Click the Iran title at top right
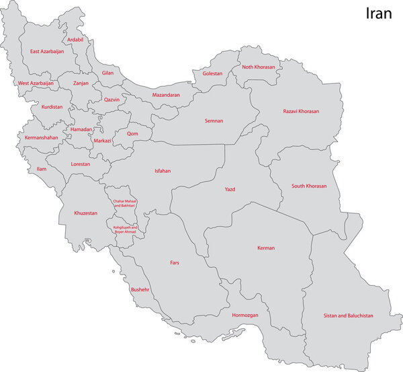click(378, 14)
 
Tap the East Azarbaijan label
click(47, 51)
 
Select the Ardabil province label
click(76, 40)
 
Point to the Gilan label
click(107, 73)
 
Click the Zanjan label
click(81, 83)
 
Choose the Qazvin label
click(111, 100)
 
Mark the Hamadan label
click(81, 128)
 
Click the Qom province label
click(132, 133)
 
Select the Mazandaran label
click(166, 95)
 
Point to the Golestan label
click(212, 73)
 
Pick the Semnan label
click(214, 121)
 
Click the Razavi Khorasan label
click(301, 111)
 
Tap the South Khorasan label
click(308, 186)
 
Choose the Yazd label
click(230, 190)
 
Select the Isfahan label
click(163, 171)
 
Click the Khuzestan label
click(86, 213)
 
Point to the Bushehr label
click(140, 289)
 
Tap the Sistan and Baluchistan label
click(348, 315)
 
